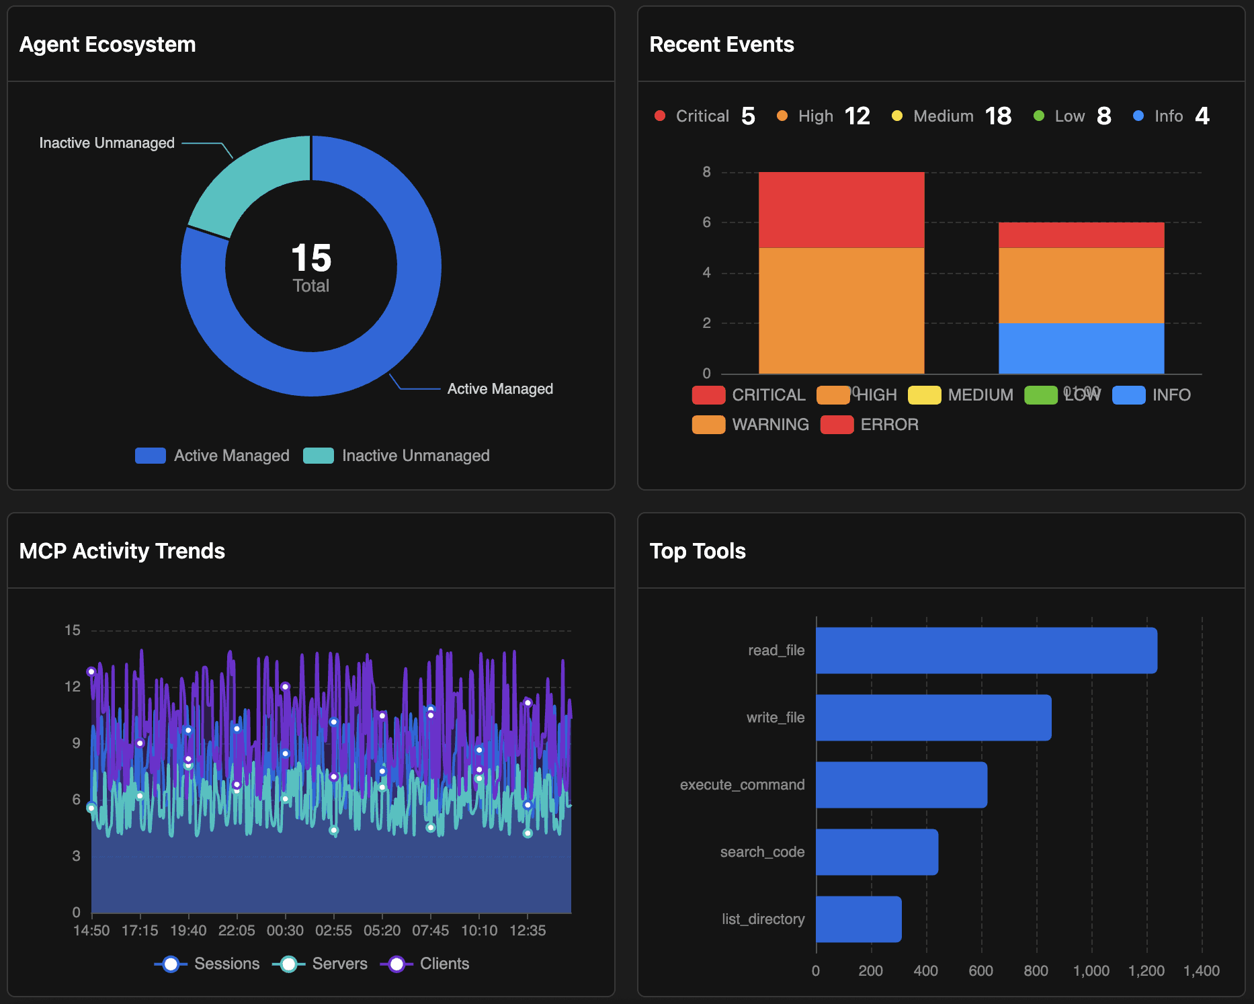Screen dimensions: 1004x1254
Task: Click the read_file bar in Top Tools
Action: click(x=986, y=651)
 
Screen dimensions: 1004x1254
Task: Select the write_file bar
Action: click(x=933, y=718)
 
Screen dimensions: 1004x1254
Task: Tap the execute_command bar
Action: click(x=901, y=785)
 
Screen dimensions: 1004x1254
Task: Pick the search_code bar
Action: click(x=876, y=852)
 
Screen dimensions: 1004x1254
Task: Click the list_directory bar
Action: click(x=858, y=919)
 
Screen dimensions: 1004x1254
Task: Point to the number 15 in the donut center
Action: click(x=311, y=258)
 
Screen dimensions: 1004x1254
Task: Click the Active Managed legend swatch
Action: click(x=150, y=456)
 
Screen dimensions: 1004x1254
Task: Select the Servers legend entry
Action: click(x=321, y=964)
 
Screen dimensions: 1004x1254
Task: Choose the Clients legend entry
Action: click(x=425, y=964)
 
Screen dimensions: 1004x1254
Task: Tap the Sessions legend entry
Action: click(x=208, y=964)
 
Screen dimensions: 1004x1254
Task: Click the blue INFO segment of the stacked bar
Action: click(x=1081, y=348)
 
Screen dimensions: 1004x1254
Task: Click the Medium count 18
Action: click(x=998, y=116)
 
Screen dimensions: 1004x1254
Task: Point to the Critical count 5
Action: click(x=748, y=116)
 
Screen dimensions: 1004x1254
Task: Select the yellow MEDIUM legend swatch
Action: click(x=924, y=395)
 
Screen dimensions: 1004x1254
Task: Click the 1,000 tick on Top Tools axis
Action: click(x=1091, y=971)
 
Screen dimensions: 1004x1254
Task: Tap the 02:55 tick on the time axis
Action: click(x=333, y=931)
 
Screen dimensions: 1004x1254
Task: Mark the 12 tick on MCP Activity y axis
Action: click(x=73, y=687)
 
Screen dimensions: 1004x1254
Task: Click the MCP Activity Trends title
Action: click(x=122, y=551)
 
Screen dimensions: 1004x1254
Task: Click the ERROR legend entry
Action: click(x=870, y=425)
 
